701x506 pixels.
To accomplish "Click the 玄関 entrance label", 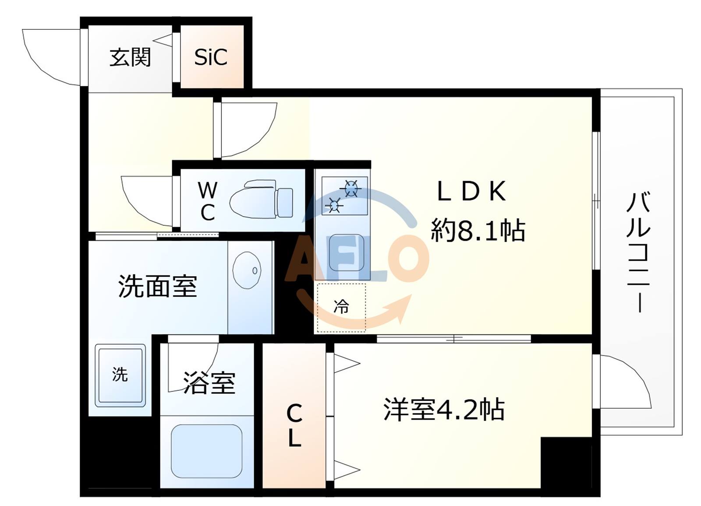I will click(130, 57).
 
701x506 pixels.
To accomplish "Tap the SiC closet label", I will click(211, 57).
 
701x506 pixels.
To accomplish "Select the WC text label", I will click(207, 201).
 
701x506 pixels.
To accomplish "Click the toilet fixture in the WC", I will click(261, 200).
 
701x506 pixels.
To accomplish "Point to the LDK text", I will click(472, 191).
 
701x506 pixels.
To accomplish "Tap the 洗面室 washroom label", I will click(158, 286).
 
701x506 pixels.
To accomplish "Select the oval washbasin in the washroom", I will click(247, 270).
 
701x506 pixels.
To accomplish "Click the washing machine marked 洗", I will click(120, 375).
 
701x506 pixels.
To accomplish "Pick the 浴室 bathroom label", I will click(209, 382).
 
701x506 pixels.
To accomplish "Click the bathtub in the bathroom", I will click(206, 451).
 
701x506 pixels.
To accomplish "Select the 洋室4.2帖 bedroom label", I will click(444, 410).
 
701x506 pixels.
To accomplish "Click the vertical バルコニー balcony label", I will click(639, 252).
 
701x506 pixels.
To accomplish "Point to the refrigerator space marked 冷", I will click(341, 306).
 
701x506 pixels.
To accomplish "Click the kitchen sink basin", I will click(346, 253).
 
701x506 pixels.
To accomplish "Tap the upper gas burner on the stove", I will click(351, 189).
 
